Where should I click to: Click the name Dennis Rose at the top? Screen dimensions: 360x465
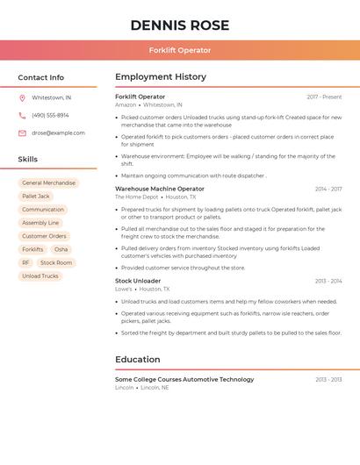(x=180, y=25)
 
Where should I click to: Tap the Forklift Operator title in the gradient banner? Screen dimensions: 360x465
(x=180, y=50)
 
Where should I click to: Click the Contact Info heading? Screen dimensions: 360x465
(x=40, y=77)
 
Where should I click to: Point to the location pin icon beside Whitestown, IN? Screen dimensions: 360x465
(x=22, y=97)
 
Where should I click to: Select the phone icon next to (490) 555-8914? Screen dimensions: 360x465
(x=22, y=115)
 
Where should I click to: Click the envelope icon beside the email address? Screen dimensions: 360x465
(x=22, y=133)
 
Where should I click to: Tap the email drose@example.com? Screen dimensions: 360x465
(x=58, y=133)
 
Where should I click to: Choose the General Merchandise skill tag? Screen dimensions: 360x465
(x=48, y=183)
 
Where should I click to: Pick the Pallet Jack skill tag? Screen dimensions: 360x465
(x=36, y=197)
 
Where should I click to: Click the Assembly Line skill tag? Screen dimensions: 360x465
(x=40, y=223)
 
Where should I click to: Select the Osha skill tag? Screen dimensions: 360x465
(x=61, y=249)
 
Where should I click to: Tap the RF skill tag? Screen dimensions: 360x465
(x=25, y=262)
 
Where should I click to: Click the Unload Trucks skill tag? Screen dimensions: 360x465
(x=40, y=275)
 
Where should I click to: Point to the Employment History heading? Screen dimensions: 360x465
(x=161, y=77)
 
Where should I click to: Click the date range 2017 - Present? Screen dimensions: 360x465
(x=324, y=97)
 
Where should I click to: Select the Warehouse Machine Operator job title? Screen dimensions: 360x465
(x=160, y=189)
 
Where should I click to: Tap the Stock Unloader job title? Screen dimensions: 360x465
(x=138, y=281)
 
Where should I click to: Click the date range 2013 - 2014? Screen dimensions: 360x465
(x=328, y=281)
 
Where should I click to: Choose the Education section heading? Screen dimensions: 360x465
(x=138, y=359)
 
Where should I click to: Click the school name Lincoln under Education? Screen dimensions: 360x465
(x=125, y=387)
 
